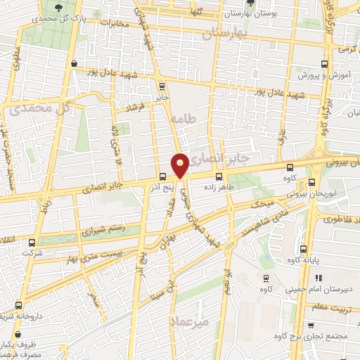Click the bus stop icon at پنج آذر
163,176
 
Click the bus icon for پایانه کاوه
304,249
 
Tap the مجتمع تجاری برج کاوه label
317,335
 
